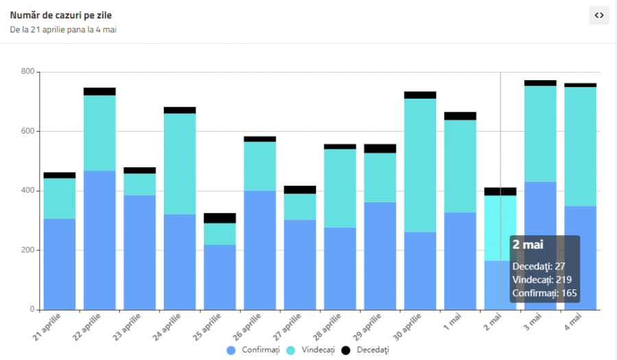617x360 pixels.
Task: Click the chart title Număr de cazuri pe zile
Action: coord(60,15)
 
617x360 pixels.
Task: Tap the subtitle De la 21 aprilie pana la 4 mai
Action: coord(62,29)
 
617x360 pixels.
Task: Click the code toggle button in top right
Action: coord(598,15)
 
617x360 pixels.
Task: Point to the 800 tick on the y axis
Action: coord(27,71)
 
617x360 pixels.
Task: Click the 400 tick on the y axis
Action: coord(27,191)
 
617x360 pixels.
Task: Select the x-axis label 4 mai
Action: coord(572,320)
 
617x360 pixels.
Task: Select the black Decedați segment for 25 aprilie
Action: coord(219,218)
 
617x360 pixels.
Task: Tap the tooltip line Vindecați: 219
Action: coord(542,279)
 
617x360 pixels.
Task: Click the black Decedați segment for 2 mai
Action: coord(500,191)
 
